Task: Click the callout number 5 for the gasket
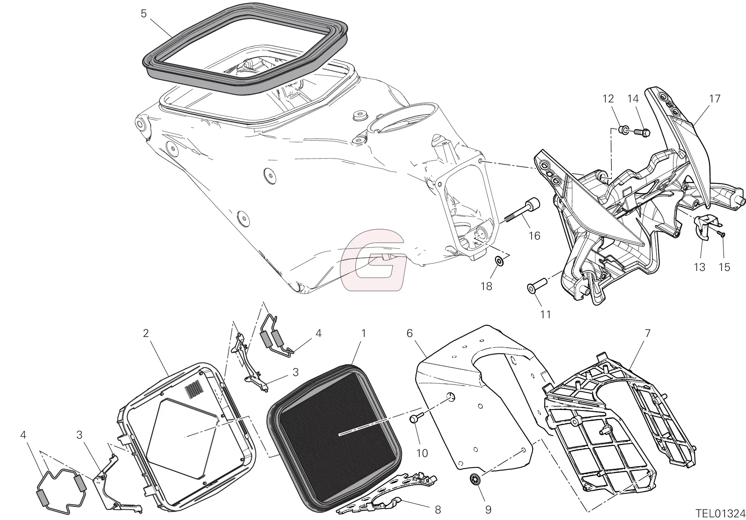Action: coord(143,14)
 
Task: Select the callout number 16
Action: coord(534,236)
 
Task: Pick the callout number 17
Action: coord(714,99)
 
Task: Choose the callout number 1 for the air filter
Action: coord(363,333)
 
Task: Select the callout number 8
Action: coord(438,509)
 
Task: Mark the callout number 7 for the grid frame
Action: coord(647,333)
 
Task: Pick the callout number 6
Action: coord(409,333)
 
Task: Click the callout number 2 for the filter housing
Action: coord(146,333)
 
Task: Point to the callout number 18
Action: coord(486,286)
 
